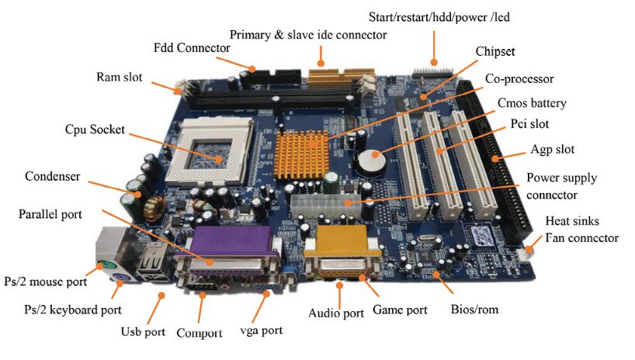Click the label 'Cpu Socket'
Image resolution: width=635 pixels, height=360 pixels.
coord(94,130)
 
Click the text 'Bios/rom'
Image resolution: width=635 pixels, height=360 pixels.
coord(474,310)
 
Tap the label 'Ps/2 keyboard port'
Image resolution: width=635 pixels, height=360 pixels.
coord(72,310)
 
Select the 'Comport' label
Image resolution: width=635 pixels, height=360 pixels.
coord(200,333)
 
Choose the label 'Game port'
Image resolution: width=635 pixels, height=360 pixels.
coord(401,310)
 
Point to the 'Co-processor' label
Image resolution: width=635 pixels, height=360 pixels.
coord(520,78)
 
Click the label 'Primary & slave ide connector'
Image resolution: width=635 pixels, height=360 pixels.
coord(308,34)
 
